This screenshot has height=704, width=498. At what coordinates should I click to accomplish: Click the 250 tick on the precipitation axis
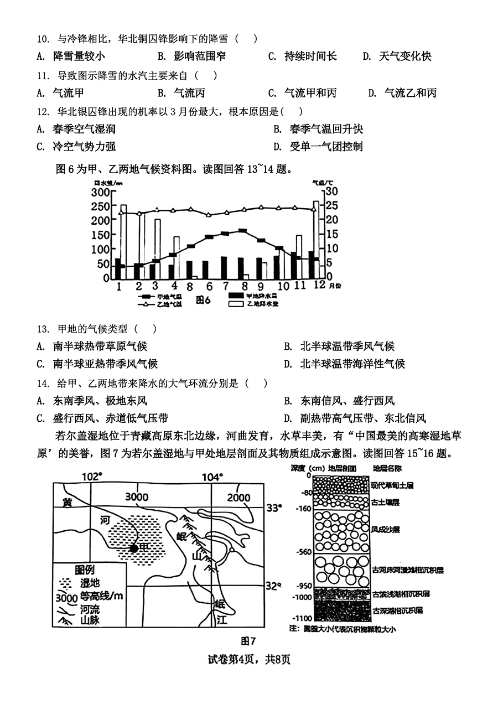pos(99,206)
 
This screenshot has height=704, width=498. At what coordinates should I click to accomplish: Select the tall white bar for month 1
pos(123,242)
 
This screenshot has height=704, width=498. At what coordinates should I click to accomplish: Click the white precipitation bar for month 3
pos(158,249)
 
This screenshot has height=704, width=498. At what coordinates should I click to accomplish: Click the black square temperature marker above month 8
pos(242,231)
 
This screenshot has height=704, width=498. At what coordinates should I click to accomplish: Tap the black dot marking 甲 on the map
pos(134,548)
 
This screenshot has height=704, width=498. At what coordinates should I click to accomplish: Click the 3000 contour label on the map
pos(137,496)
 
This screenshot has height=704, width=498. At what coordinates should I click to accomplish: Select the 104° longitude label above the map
pos(212,477)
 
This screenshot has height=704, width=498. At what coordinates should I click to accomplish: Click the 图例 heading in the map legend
pos(85,570)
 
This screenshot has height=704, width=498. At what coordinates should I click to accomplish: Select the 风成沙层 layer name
pos(386,529)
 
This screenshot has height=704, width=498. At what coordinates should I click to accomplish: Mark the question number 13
pos(43,329)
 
